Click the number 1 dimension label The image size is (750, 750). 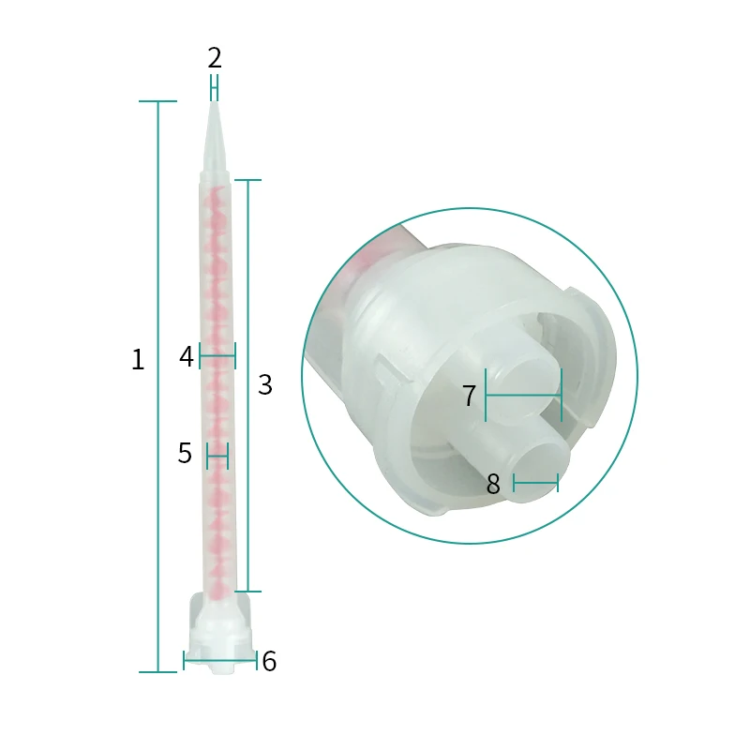pos(138,360)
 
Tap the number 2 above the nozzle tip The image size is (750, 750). pos(215,58)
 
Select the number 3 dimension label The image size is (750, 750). pos(265,384)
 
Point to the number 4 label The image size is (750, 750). pos(187,356)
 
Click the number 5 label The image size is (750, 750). pos(185,454)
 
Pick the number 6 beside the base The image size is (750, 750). pos(269,662)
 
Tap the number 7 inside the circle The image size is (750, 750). pos(470,397)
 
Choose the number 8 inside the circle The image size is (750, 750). pos(494,485)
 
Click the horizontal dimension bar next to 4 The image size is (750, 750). pos(217,356)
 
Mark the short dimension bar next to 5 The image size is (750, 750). pos(217,457)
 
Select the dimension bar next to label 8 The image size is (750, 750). pos(535,483)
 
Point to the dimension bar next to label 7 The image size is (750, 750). pos(523,395)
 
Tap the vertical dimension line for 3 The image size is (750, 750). pos(247,384)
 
